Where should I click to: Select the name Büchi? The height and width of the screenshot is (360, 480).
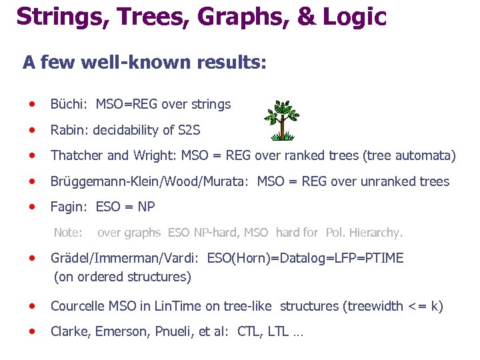click(69, 104)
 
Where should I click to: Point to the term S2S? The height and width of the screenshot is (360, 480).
click(187, 130)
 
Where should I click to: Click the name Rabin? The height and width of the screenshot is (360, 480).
click(69, 130)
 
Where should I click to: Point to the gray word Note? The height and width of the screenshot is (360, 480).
click(68, 233)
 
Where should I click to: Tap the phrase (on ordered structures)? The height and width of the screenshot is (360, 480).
click(122, 276)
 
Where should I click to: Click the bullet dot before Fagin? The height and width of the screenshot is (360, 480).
click(31, 207)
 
